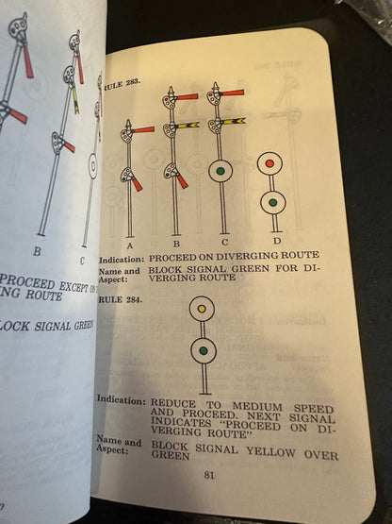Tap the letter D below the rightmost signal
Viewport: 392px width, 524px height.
click(x=276, y=241)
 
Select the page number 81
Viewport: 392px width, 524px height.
click(x=209, y=475)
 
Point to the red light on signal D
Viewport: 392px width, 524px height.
click(x=271, y=163)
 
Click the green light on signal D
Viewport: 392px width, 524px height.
click(x=271, y=201)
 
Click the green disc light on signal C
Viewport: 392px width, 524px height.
click(x=220, y=171)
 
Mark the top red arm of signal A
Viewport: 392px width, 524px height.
click(x=143, y=129)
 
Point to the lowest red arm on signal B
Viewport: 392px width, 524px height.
click(x=182, y=180)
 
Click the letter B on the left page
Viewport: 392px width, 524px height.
click(x=37, y=251)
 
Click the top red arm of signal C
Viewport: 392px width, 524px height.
click(x=232, y=93)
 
